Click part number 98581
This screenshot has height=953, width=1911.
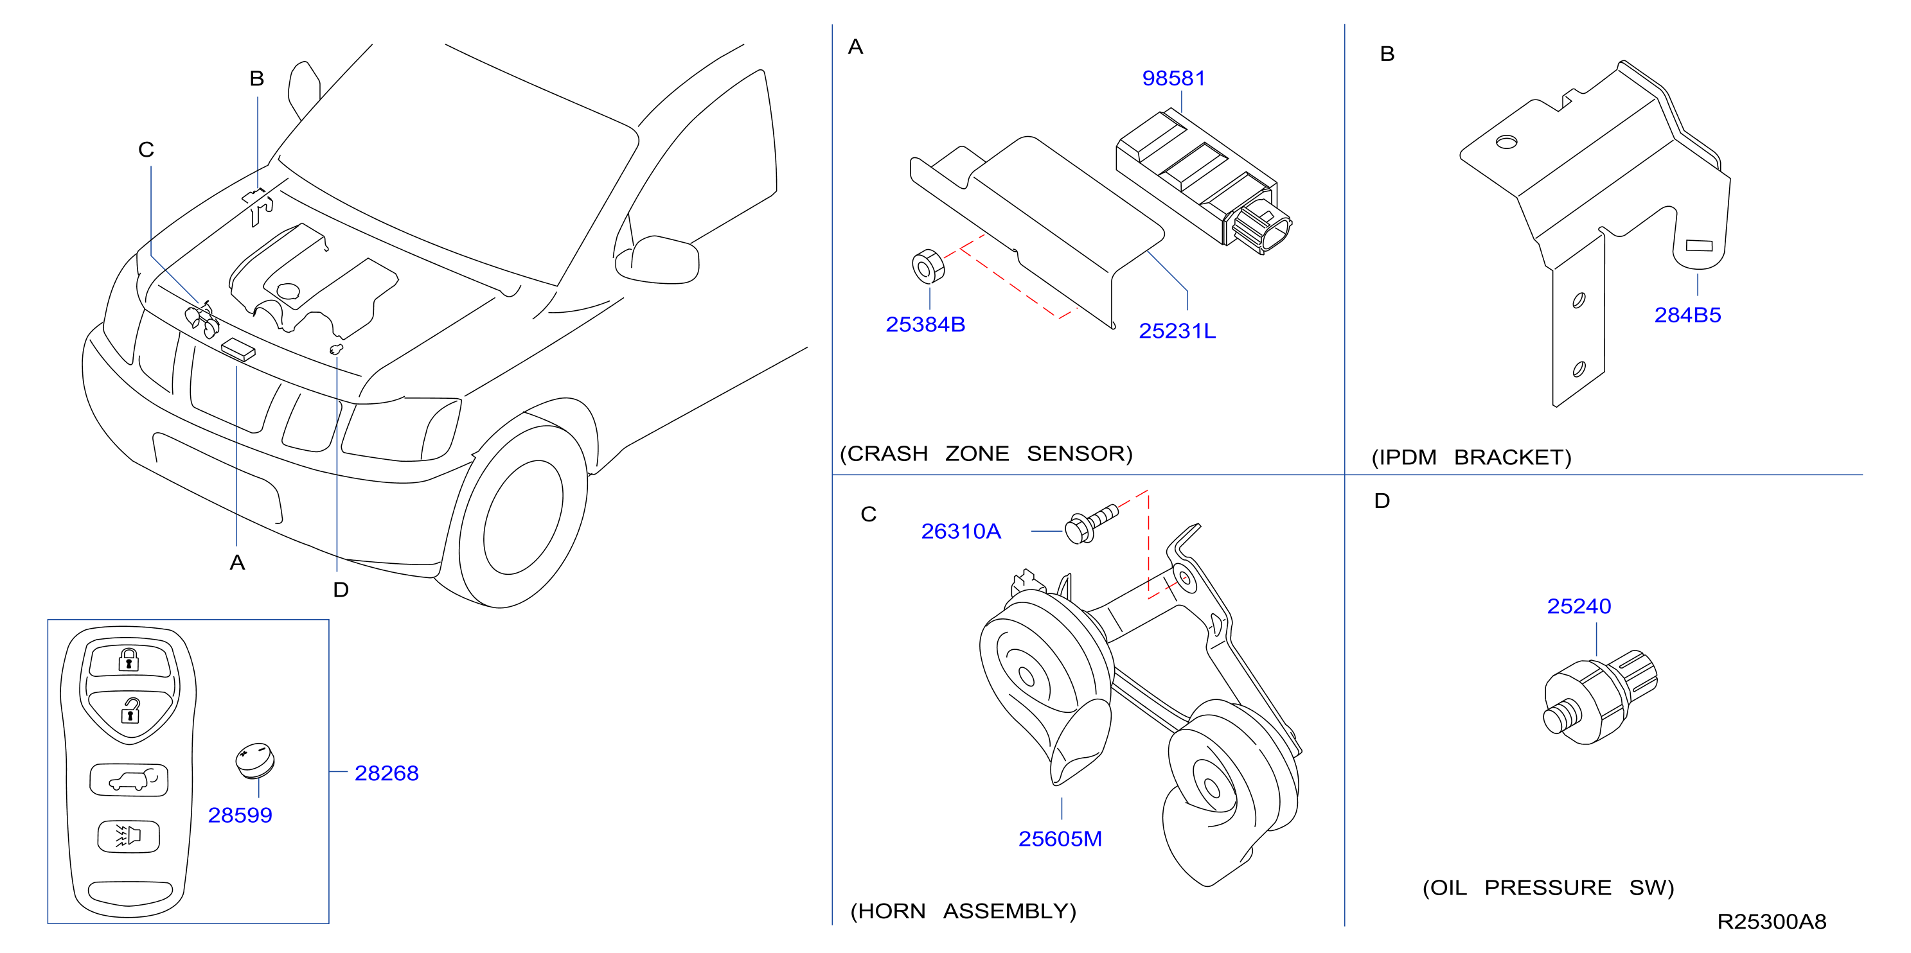pyautogui.click(x=1173, y=78)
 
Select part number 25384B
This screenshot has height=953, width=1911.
pyautogui.click(x=925, y=324)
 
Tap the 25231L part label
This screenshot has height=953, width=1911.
pyautogui.click(x=1177, y=331)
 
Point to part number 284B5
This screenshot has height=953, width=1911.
pyautogui.click(x=1687, y=315)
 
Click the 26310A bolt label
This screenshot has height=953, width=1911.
pyautogui.click(x=961, y=531)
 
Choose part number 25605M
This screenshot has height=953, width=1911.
pyautogui.click(x=1060, y=839)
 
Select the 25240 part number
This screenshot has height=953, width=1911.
pyautogui.click(x=1579, y=606)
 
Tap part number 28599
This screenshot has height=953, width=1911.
pyautogui.click(x=240, y=815)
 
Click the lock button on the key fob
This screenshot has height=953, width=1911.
pyautogui.click(x=130, y=660)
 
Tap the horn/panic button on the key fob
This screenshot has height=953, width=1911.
pyautogui.click(x=129, y=837)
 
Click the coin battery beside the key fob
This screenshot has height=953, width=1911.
pyautogui.click(x=255, y=760)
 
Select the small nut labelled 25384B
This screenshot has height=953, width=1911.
pyautogui.click(x=927, y=267)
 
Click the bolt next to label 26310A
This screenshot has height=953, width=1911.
pyautogui.click(x=1090, y=523)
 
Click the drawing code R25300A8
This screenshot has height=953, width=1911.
pyautogui.click(x=1772, y=921)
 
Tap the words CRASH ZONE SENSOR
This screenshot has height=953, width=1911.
pyautogui.click(x=986, y=453)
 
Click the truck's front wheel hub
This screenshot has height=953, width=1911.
pyautogui.click(x=523, y=517)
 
